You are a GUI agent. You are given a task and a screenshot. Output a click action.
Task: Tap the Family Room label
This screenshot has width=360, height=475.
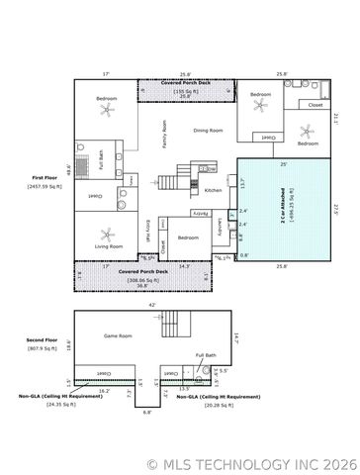pyautogui.click(x=165, y=134)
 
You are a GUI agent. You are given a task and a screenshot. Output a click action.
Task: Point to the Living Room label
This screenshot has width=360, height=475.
pyautogui.click(x=109, y=245)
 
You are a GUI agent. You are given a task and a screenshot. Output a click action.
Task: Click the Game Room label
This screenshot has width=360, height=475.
pyautogui.click(x=119, y=335)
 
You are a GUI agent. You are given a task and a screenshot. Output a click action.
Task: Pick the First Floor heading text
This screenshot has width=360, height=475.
pyautogui.click(x=46, y=178)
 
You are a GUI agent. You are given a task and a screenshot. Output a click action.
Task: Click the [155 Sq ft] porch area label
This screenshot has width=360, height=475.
pyautogui.click(x=186, y=91)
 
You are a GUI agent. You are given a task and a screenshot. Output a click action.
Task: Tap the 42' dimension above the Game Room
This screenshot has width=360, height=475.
pyautogui.click(x=151, y=305)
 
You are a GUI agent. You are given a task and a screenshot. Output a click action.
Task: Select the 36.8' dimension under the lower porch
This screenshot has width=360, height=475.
pyautogui.click(x=142, y=286)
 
